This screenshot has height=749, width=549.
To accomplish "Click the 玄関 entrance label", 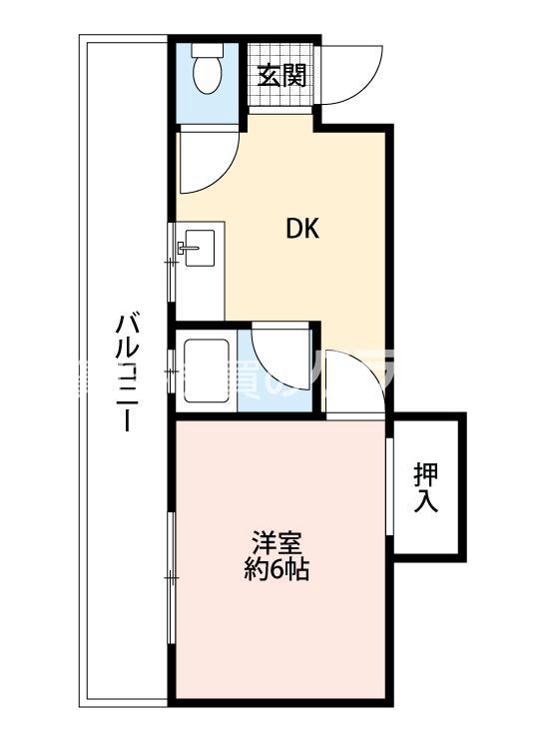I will [x=280, y=75].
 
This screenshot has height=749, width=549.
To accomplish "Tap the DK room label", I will [x=302, y=230].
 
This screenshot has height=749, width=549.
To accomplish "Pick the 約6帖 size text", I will [x=276, y=571].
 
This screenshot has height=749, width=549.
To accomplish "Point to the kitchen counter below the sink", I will [x=198, y=290].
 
